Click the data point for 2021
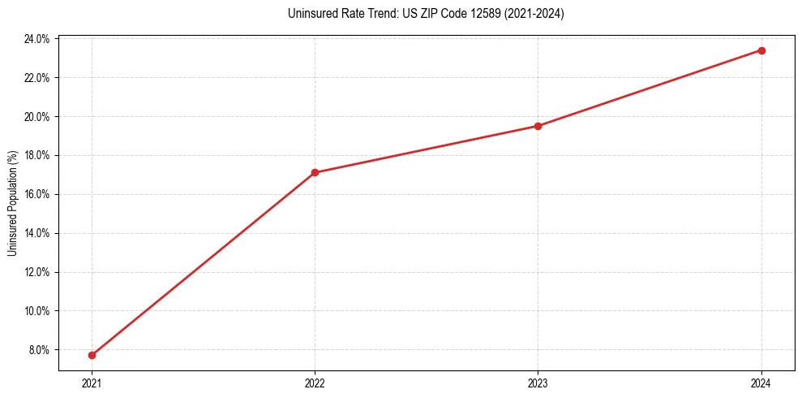click(x=92, y=355)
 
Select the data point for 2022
click(x=315, y=172)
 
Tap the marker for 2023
click(x=538, y=126)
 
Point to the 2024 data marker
click(x=761, y=50)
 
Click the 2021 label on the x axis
click(x=92, y=383)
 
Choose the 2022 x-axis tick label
click(x=315, y=383)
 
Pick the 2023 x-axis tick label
click(x=538, y=383)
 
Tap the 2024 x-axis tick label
click(x=761, y=383)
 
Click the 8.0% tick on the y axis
click(x=39, y=350)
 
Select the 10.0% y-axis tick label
click(x=37, y=311)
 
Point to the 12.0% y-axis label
click(x=37, y=272)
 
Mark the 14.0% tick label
click(x=37, y=233)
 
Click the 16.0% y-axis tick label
click(x=37, y=194)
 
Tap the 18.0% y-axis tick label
click(x=37, y=155)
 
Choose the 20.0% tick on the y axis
click(x=37, y=116)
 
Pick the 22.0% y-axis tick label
click(x=37, y=78)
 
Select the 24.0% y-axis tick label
click(x=37, y=39)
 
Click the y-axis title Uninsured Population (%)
click(x=12, y=203)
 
